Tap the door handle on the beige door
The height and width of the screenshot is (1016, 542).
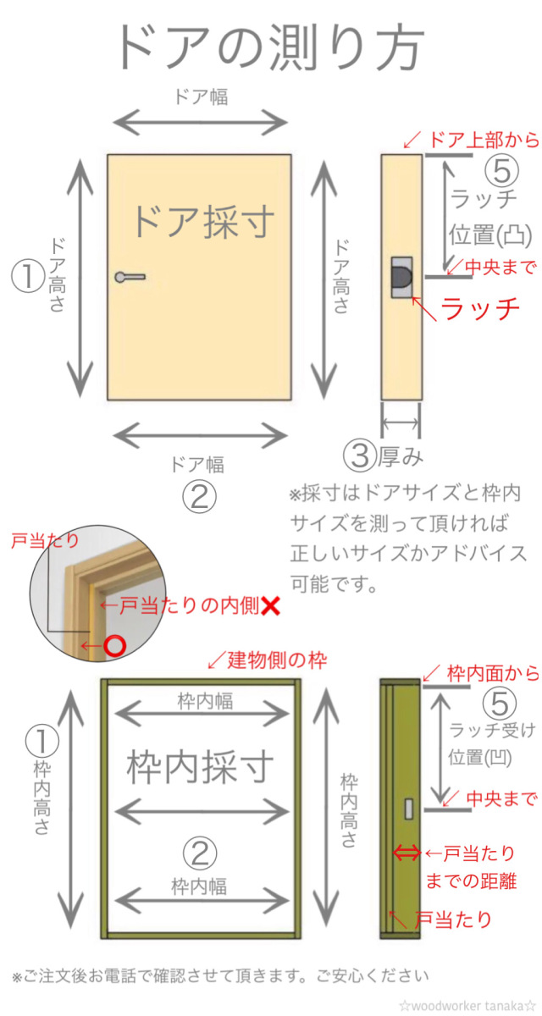129,276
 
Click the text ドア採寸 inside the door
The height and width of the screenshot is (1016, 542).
203,222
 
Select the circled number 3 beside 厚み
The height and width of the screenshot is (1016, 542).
359,456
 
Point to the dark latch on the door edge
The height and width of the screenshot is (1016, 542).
401,276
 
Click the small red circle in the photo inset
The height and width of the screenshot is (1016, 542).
115,646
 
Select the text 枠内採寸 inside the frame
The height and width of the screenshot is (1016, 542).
201,767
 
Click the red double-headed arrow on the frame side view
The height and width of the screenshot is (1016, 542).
406,853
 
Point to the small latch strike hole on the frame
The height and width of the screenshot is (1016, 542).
409,809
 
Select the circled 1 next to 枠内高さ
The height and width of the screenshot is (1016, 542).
41,742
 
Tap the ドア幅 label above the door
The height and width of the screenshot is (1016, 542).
201,97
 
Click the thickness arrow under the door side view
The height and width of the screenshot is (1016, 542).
401,422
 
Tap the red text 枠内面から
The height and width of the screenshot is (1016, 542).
493,673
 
